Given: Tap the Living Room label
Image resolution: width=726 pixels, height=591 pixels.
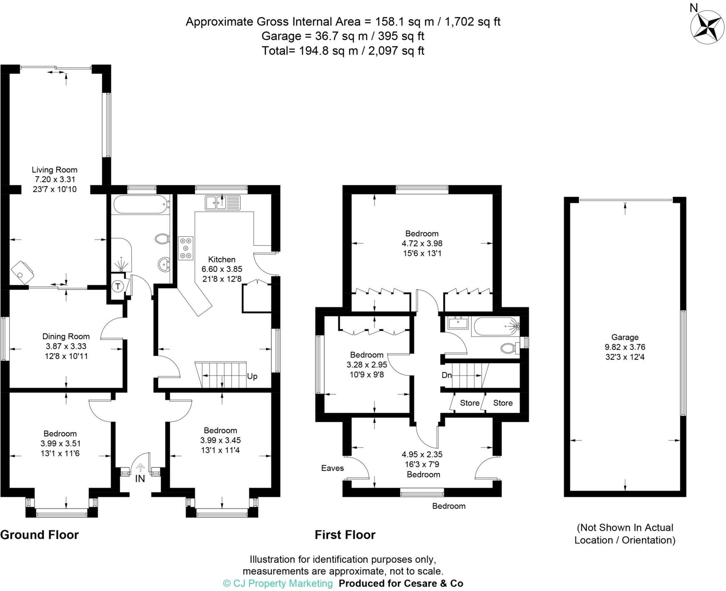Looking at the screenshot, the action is (55, 170).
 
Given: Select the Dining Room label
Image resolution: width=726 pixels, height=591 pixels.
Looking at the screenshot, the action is (66, 336).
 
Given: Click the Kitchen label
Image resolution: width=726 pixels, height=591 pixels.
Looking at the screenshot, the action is (222, 260).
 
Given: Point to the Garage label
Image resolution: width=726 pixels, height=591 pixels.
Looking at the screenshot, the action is (625, 337).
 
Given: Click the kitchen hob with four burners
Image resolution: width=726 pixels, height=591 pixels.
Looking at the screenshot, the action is (186, 248).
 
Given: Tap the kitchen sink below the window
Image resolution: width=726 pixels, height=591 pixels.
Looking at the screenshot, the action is (223, 203).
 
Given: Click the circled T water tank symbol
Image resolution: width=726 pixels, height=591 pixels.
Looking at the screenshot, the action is (118, 286).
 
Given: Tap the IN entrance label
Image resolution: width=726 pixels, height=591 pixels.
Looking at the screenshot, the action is (140, 479).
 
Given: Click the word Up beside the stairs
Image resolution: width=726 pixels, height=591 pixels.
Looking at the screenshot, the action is (252, 376).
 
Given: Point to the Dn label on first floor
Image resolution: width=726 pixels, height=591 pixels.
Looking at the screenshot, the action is (447, 375).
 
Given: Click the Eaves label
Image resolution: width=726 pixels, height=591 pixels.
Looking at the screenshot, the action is (333, 468).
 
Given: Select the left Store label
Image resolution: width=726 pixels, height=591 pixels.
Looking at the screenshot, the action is (470, 403).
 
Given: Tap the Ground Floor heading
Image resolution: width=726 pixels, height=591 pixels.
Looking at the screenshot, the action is (40, 535).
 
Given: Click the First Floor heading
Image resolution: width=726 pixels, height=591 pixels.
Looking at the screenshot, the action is (345, 535).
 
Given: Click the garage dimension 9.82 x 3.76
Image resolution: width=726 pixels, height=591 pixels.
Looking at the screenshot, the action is (625, 347).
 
